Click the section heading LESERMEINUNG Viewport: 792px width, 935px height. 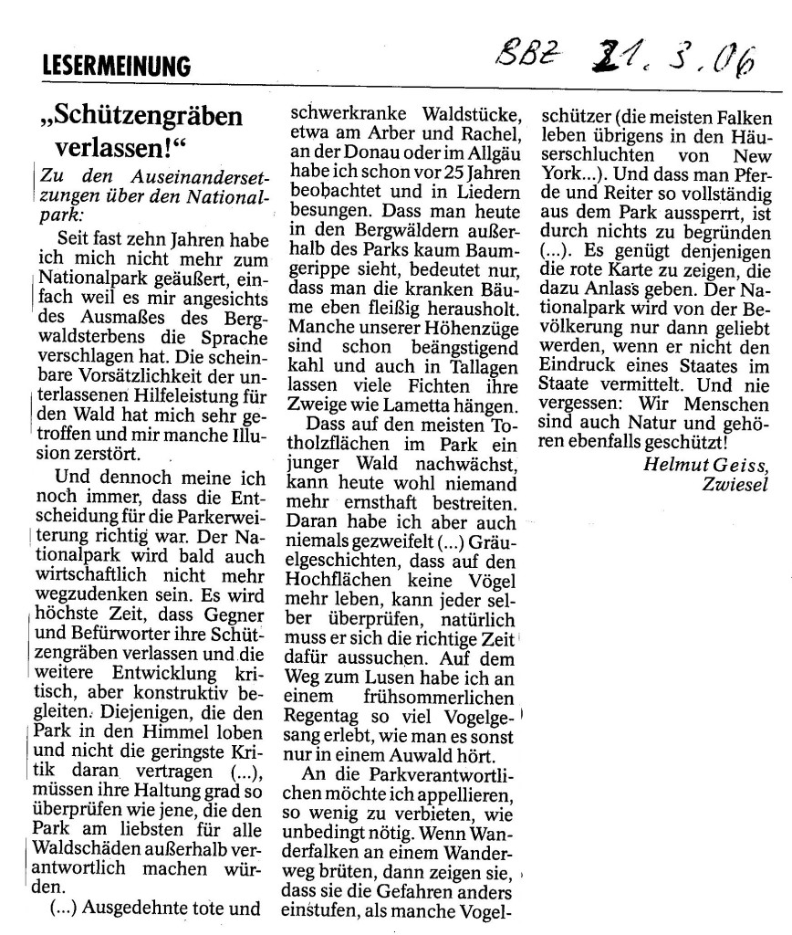coord(116,66)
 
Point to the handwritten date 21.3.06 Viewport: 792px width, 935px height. coord(658,59)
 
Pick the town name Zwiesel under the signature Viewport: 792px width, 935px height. coord(735,483)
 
